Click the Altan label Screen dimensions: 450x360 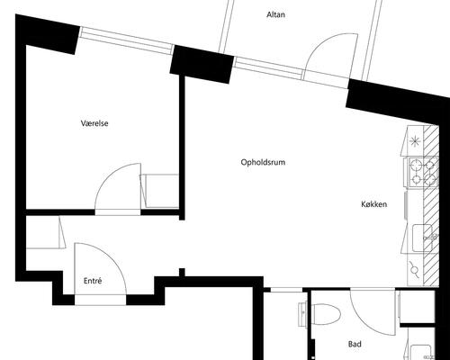[275, 14]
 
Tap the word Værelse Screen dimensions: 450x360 [94, 123]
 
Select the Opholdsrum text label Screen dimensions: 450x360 [263, 162]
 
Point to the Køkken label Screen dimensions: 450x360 [373, 204]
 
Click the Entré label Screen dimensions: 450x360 [93, 281]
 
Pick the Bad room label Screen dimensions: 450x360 [355, 344]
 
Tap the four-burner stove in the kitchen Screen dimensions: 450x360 [421, 172]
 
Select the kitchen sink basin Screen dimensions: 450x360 [421, 238]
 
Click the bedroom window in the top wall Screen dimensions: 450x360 [127, 40]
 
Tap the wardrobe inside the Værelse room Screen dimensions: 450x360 [159, 191]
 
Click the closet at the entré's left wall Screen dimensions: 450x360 [46, 232]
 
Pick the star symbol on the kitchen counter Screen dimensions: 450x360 [415, 140]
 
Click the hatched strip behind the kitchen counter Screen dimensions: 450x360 [431, 206]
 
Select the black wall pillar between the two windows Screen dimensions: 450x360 [202, 65]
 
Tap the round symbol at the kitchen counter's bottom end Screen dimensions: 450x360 [415, 270]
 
